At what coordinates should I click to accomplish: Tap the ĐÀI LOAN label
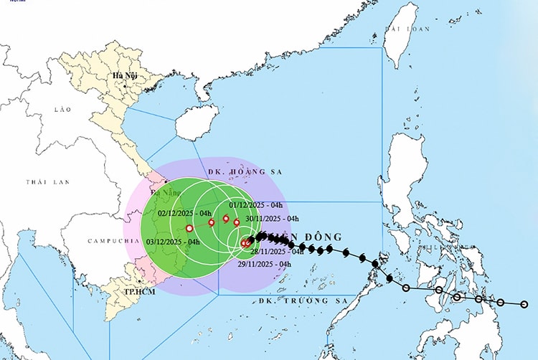[x=407, y=29]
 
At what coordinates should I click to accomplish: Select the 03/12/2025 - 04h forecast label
[x=173, y=242]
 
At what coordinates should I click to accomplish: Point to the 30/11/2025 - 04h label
[x=272, y=219]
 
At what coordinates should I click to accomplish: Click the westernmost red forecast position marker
[x=189, y=228]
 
